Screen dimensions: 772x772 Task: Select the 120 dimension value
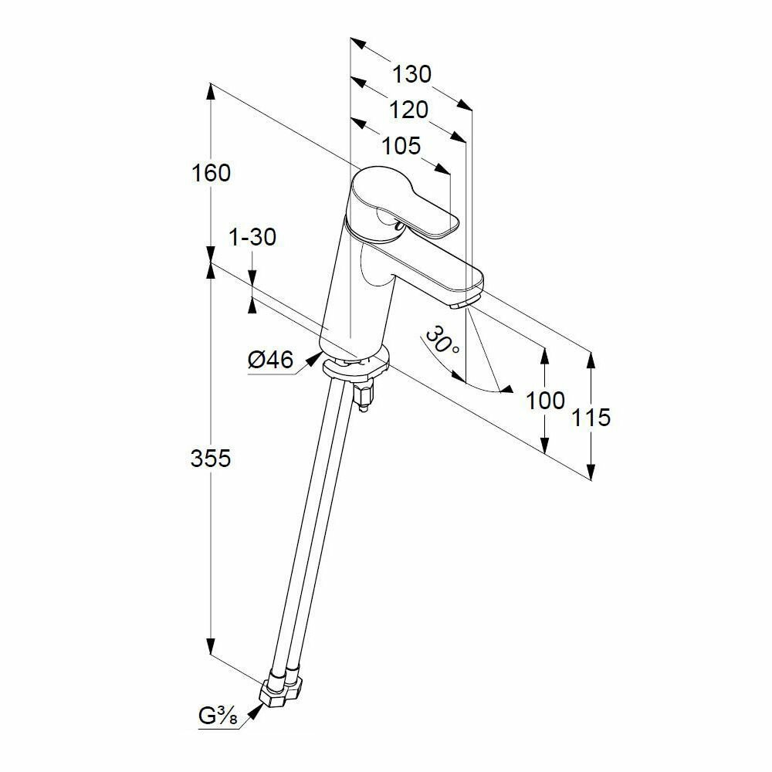point(408,110)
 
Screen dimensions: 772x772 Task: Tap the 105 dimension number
point(400,145)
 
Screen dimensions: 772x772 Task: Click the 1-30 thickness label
point(252,238)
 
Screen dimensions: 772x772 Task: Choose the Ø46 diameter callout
point(270,360)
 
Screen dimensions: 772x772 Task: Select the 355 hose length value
point(211,459)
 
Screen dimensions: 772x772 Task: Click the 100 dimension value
point(546,401)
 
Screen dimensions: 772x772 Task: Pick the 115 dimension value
point(592,418)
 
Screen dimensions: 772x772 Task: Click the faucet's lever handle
point(409,205)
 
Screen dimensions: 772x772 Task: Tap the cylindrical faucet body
point(355,301)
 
